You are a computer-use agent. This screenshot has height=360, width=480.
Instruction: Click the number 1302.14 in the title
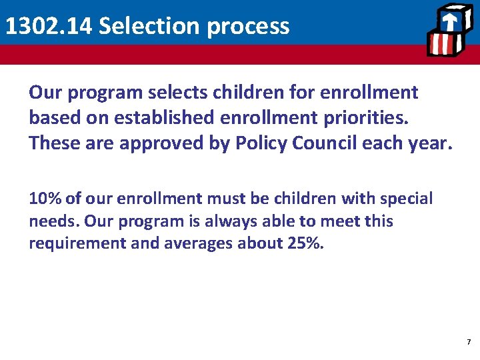[x=48, y=27]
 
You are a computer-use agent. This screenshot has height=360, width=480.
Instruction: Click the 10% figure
[x=44, y=199]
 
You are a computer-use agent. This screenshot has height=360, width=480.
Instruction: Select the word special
[x=406, y=199]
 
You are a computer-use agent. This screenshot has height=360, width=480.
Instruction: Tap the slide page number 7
[x=468, y=342]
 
